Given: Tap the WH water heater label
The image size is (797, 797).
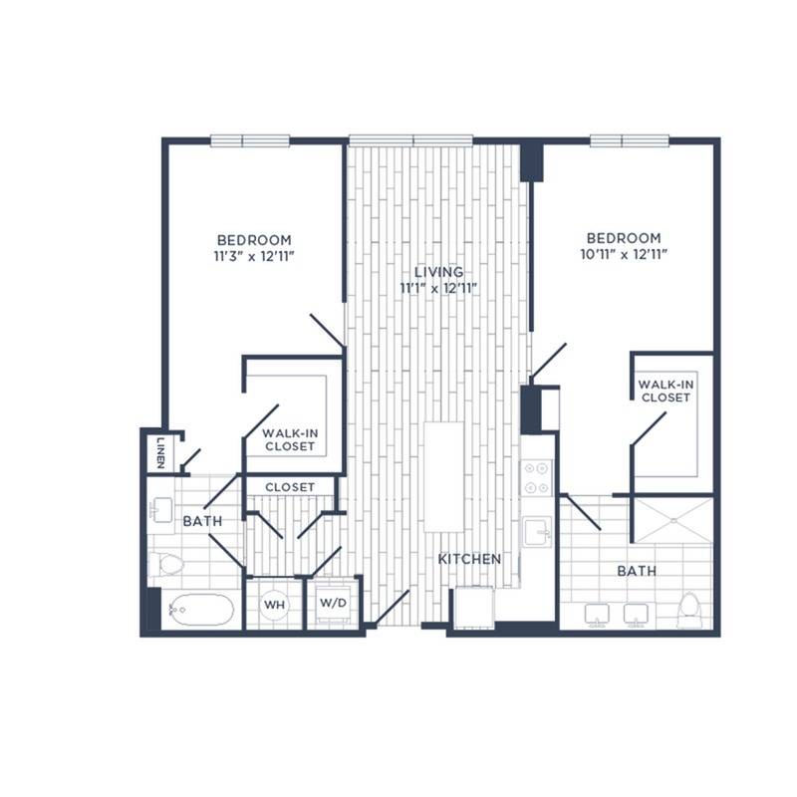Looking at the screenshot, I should point(274,604).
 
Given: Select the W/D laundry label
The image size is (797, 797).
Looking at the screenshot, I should point(331,604).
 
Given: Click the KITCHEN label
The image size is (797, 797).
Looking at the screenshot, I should point(469,559).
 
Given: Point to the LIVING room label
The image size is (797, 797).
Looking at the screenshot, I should point(438,272).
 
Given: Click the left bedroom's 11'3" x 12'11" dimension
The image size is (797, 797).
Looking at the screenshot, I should point(254,256).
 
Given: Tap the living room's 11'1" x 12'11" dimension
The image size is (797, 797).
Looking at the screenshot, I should point(438,289).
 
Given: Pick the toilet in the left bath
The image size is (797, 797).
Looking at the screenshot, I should point(166,565).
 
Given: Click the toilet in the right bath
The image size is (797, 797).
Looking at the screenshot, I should point(688,609).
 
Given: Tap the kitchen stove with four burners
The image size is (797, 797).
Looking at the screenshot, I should point(538,477).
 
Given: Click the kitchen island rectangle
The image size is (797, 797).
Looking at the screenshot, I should point(444,476).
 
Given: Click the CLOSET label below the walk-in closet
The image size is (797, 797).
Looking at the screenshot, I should point(291,487).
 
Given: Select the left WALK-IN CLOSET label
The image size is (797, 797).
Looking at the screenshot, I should point(289,440).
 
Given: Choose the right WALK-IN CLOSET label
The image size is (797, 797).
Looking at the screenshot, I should point(664,391).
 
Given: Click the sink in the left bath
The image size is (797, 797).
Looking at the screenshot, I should point(160,510).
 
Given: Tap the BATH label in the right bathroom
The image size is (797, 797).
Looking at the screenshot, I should point(636,571).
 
